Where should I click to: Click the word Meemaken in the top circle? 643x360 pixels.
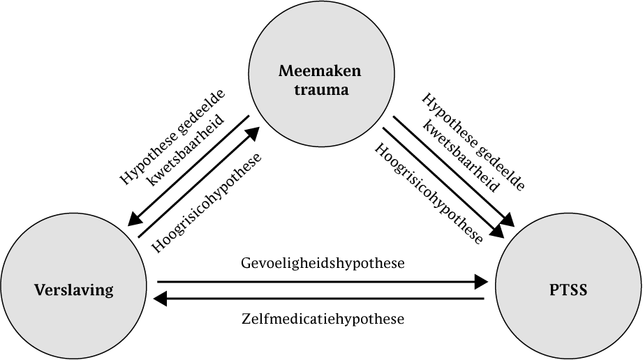point(323,70)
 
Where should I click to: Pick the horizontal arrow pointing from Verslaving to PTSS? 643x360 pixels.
point(321,282)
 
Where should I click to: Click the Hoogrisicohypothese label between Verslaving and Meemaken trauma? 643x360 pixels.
point(207,202)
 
